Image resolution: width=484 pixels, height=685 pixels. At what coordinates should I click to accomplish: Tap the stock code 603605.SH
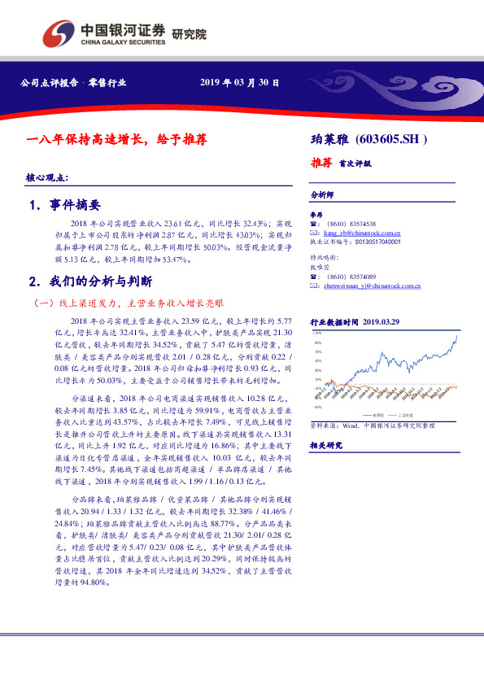point(391,139)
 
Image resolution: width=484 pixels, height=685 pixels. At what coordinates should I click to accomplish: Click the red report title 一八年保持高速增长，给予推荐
point(116,139)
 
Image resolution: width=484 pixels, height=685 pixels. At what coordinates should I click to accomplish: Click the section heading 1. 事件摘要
point(64,205)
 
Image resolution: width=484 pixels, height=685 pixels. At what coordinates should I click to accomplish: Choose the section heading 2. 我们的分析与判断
point(89,281)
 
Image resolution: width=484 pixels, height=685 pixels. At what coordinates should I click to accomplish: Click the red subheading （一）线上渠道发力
point(122,303)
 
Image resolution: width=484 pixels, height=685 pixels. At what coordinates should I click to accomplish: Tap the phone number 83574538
point(361,223)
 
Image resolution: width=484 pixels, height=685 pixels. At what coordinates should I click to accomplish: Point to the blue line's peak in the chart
point(456,335)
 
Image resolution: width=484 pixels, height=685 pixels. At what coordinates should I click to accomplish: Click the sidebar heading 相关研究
point(326,446)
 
